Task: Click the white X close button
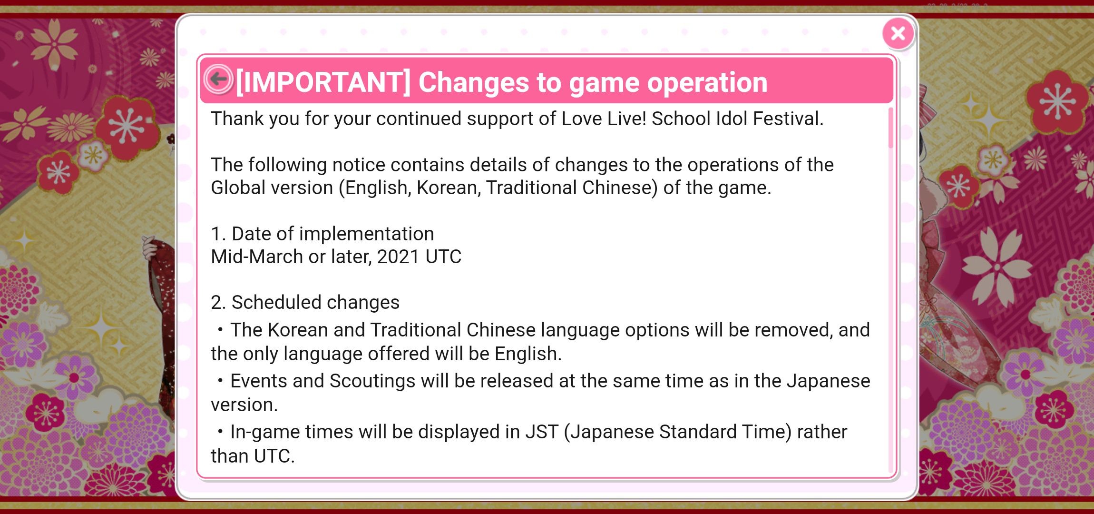pyautogui.click(x=898, y=33)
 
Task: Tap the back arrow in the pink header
pyautogui.click(x=218, y=79)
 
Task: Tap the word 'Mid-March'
pyautogui.click(x=257, y=257)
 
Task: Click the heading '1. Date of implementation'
pyautogui.click(x=322, y=234)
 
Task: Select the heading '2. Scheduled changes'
pyautogui.click(x=305, y=302)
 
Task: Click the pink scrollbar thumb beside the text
pyautogui.click(x=891, y=128)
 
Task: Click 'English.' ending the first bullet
pyautogui.click(x=528, y=354)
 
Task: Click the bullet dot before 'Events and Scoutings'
pyautogui.click(x=220, y=380)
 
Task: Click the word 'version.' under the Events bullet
pyautogui.click(x=244, y=405)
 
